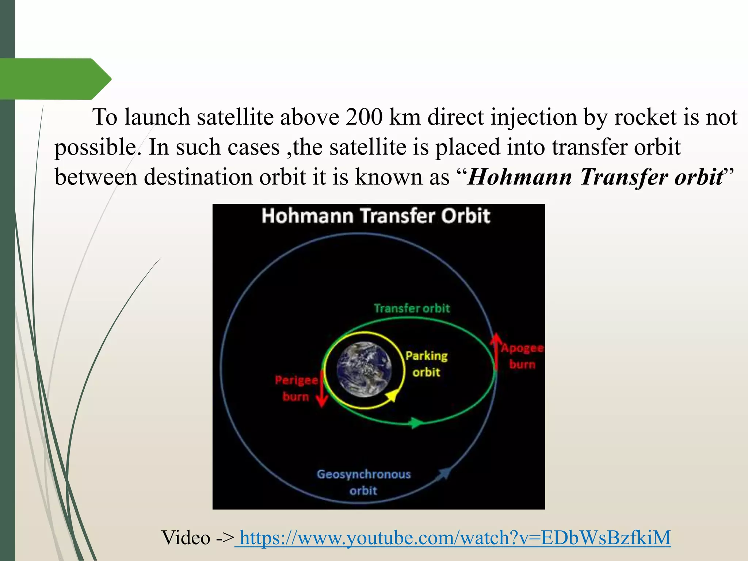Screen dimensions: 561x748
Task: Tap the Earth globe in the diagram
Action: [364, 369]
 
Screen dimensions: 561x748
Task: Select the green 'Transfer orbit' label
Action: [412, 309]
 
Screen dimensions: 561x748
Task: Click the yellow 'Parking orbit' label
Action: [426, 364]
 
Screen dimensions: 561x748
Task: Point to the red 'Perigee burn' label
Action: [296, 388]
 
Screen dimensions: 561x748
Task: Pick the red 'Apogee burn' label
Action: [522, 356]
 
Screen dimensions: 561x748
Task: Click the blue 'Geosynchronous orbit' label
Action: [363, 482]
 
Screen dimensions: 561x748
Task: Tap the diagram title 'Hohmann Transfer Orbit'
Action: [375, 216]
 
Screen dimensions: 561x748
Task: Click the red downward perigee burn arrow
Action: [321, 389]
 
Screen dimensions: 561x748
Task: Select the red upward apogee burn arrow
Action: [496, 351]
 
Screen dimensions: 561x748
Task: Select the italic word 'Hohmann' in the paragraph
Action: [519, 178]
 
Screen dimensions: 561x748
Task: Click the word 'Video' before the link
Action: [186, 538]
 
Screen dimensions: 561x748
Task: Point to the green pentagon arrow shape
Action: [55, 79]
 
